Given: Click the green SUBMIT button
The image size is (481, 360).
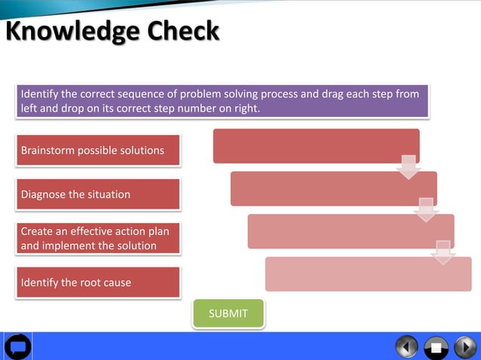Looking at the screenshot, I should pyautogui.click(x=228, y=313).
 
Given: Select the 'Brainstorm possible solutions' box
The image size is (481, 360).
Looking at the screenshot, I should pyautogui.click(x=97, y=150).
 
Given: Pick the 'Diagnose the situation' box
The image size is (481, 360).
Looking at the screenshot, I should pyautogui.click(x=97, y=194).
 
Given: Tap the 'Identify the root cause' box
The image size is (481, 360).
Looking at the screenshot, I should pyautogui.click(x=97, y=282).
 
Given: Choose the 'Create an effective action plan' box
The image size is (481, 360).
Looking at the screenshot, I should pyautogui.click(x=97, y=238).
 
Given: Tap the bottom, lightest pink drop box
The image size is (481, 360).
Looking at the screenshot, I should pyautogui.click(x=367, y=274).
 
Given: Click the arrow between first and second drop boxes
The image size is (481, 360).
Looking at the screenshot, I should pyautogui.click(x=409, y=166).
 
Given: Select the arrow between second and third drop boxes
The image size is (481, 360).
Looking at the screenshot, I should pyautogui.click(x=426, y=209).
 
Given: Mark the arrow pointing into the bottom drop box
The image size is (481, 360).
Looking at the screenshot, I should pyautogui.click(x=443, y=252).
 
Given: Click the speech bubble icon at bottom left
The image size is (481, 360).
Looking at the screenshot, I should pyautogui.click(x=17, y=346).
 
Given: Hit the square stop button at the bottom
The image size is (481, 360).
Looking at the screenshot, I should pyautogui.click(x=435, y=347).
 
